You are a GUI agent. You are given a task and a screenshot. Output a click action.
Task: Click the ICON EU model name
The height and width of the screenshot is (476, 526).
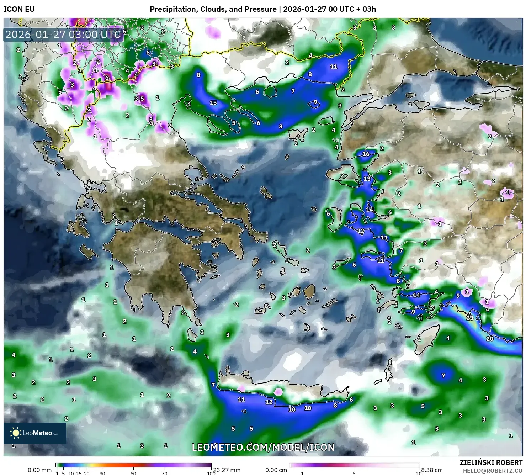[x=19, y=9]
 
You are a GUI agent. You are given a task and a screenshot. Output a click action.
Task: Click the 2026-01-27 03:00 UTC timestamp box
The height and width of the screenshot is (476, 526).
[x=63, y=35]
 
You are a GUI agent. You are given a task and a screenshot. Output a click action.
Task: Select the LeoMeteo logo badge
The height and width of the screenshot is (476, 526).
[x=35, y=433]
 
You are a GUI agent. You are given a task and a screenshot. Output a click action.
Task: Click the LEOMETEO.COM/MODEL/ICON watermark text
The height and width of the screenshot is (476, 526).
[x=263, y=447]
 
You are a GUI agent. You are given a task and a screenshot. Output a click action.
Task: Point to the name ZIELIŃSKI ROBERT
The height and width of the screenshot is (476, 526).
[x=491, y=462]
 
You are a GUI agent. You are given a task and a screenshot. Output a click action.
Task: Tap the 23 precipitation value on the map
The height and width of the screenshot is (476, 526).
[x=470, y=318]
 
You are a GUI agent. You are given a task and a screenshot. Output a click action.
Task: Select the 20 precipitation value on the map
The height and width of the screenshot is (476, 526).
[x=490, y=338]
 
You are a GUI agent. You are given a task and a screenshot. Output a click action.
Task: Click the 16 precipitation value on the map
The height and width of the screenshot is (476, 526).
[x=366, y=154]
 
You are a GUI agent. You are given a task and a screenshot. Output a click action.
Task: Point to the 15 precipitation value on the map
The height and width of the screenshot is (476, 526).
[x=213, y=103]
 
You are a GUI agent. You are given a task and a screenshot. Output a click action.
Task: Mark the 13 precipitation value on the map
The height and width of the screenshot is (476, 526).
[x=367, y=179]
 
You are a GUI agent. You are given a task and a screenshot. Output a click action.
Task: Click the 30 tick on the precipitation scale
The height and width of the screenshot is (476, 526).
[x=102, y=473]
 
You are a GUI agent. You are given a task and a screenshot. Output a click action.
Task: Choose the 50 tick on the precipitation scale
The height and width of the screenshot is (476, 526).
[x=133, y=473]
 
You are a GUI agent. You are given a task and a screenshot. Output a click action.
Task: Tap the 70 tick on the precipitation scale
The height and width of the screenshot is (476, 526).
[x=164, y=473]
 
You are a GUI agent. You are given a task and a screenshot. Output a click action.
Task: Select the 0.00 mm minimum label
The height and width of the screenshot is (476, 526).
[x=39, y=470]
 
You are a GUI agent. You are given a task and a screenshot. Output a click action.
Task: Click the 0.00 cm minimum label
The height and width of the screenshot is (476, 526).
[x=276, y=470]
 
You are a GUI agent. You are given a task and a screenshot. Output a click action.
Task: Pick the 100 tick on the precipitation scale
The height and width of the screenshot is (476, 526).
[x=211, y=473]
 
